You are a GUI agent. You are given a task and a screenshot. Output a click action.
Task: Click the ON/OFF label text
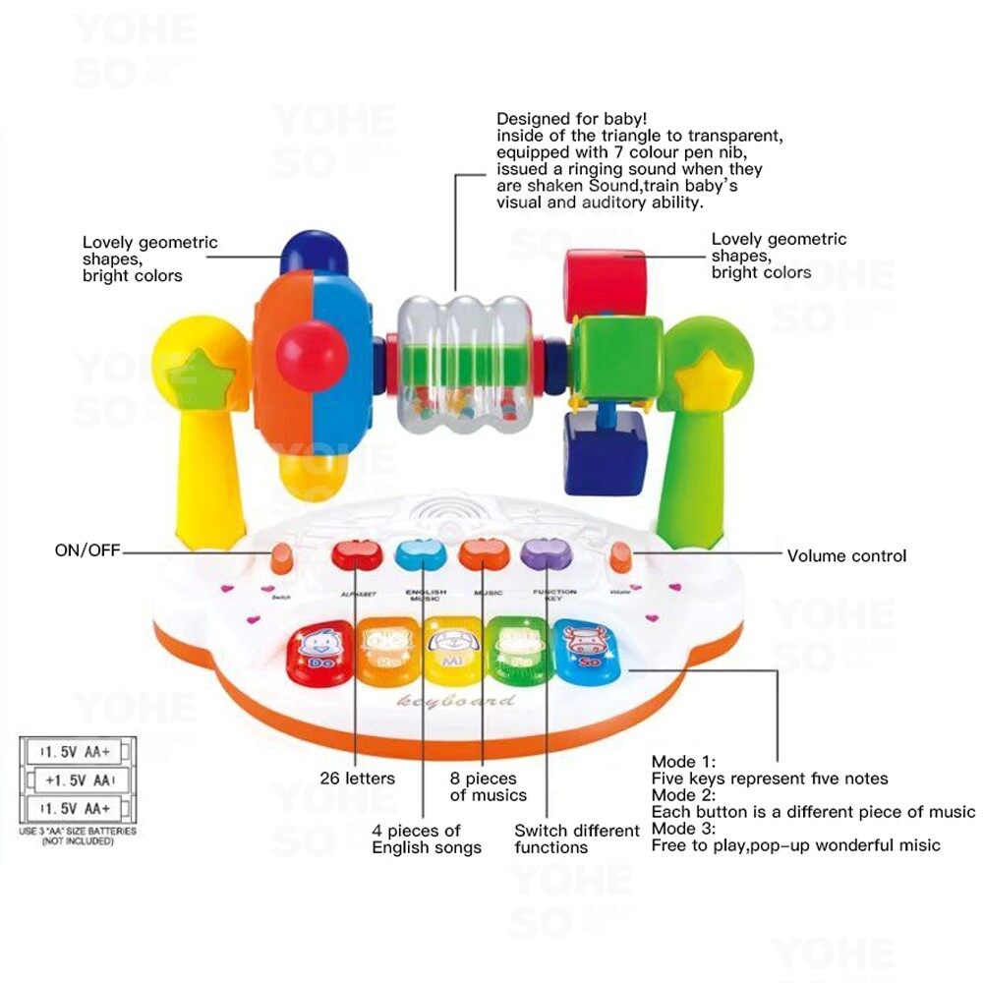87,550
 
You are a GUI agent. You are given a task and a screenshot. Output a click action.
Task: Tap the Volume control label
846,555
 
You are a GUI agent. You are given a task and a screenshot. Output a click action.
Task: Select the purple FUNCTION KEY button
541,555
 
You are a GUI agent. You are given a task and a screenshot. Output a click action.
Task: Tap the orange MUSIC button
483,555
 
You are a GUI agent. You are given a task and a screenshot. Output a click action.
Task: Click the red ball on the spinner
311,355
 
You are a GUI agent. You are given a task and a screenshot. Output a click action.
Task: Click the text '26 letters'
357,779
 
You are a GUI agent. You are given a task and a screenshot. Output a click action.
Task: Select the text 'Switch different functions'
576,838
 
